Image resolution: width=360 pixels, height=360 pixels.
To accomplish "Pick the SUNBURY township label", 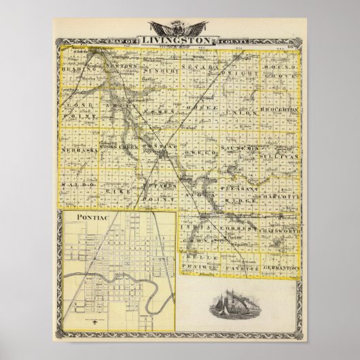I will pos(161,70).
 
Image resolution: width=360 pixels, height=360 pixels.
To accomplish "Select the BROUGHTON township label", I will pos(279,109).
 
